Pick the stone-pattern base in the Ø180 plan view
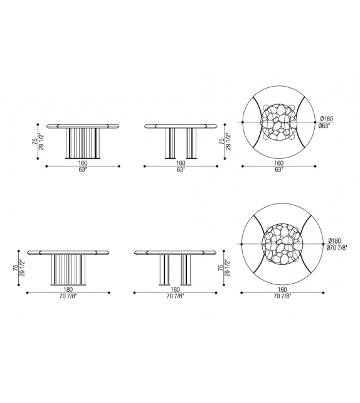tap(280, 244)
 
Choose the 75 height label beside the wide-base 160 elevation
tap(35, 142)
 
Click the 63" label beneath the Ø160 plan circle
tap(279, 169)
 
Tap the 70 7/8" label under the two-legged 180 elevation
tap(175, 296)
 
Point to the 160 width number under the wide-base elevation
tap(83, 163)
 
